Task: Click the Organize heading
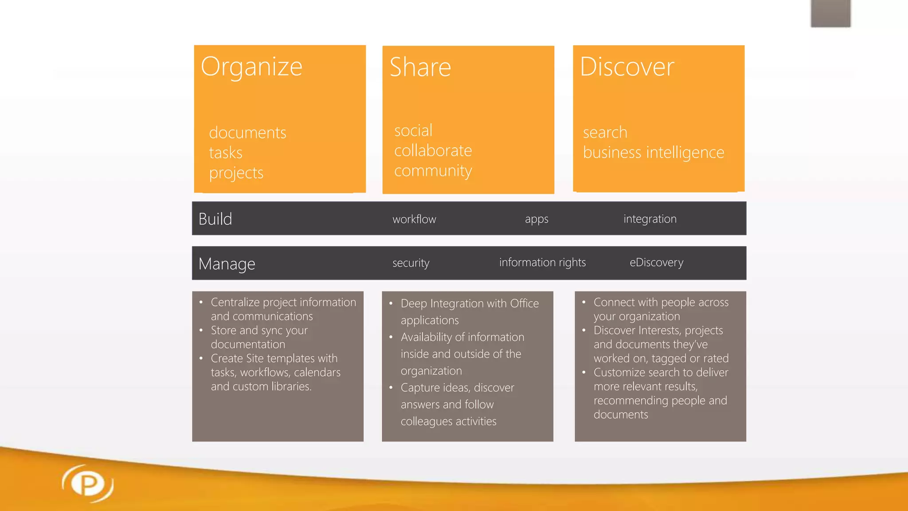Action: (251, 67)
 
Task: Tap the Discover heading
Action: (627, 67)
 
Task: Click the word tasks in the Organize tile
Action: (226, 153)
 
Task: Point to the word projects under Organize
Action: (236, 173)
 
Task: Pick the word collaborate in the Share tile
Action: (433, 151)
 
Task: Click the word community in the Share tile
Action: (433, 171)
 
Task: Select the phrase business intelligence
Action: (654, 153)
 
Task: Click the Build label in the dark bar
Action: (215, 219)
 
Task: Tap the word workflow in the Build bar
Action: (414, 219)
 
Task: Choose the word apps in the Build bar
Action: (536, 219)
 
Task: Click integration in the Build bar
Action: (650, 219)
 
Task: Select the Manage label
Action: (227, 264)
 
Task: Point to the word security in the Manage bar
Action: (411, 263)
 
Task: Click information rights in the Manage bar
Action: (542, 263)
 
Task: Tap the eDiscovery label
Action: (657, 263)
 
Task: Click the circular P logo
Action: (88, 483)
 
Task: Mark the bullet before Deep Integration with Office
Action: (391, 304)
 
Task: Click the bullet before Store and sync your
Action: (201, 330)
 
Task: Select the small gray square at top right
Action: (830, 13)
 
